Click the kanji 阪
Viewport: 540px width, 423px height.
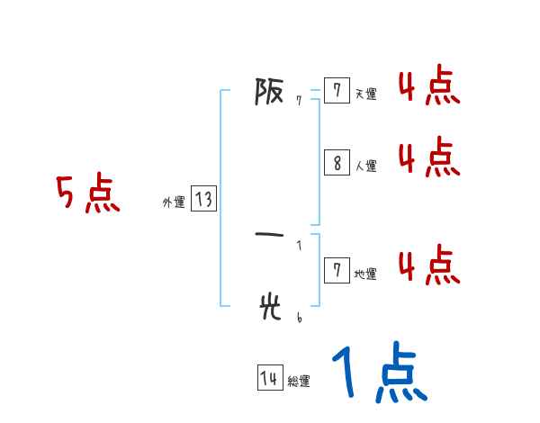pos(269,92)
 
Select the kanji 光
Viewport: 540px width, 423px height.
pos(269,308)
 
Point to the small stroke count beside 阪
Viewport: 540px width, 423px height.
pos(298,101)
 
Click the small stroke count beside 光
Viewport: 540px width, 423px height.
pos(298,317)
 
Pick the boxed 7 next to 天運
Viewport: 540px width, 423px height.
pos(337,90)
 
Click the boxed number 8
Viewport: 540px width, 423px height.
pos(337,163)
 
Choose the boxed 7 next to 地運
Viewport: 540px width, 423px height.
pos(337,270)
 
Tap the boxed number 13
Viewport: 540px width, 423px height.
pos(203,200)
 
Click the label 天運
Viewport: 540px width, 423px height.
pos(365,94)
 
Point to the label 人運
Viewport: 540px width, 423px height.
pos(365,166)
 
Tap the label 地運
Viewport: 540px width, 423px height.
pos(365,274)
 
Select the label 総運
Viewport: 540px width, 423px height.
pos(299,382)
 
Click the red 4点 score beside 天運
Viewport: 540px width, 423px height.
pos(428,88)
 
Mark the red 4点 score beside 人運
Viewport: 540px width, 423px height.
pos(428,158)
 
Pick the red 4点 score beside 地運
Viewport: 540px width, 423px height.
pos(428,266)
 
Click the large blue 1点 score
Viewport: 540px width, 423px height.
pos(378,373)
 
